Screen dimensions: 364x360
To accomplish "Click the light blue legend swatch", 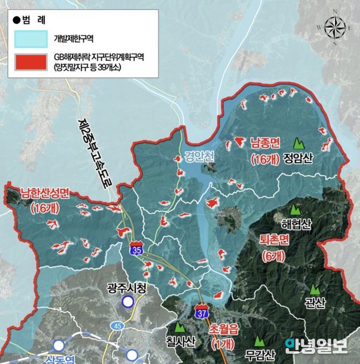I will point(30,39).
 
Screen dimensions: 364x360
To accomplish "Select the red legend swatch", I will point(30,63).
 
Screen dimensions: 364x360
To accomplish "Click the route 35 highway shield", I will point(136,249).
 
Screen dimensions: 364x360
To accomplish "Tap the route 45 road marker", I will point(117,325).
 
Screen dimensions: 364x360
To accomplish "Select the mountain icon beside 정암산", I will point(297,144).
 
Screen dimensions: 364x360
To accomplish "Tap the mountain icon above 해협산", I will point(295,209).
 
